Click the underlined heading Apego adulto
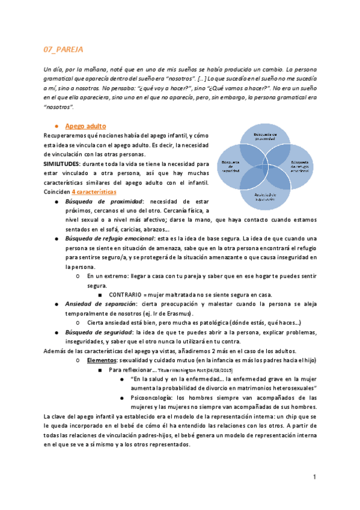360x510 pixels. click(x=85, y=126)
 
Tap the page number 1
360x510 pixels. click(x=314, y=477)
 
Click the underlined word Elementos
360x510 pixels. click(x=101, y=360)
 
